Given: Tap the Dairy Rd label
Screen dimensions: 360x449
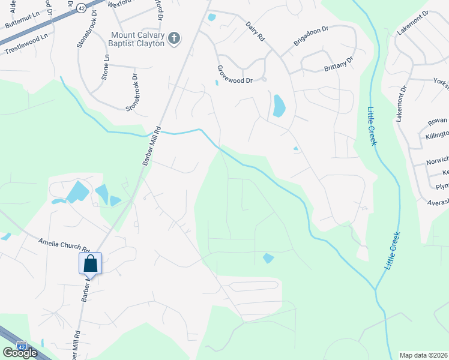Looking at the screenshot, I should click(255, 31).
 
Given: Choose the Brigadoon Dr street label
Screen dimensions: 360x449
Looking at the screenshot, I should click(310, 37).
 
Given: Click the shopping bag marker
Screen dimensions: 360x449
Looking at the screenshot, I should click(90, 263).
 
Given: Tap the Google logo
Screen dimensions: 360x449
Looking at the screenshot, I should click(20, 353).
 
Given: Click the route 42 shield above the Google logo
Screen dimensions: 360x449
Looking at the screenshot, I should click(22, 346).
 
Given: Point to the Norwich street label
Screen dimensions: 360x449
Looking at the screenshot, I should click(437, 161).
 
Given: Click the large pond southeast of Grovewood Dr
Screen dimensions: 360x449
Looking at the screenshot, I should click(279, 106).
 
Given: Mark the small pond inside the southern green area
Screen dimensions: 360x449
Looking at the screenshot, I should click(268, 258).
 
